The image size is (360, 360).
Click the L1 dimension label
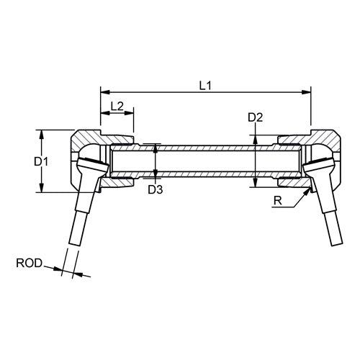205,86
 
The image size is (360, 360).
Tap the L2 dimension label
117,106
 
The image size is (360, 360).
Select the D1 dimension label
41,162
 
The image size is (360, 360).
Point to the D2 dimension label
256,117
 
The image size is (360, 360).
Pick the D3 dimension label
156,189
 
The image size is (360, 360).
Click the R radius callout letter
278,201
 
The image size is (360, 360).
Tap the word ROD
29,264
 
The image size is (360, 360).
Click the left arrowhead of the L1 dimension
105,92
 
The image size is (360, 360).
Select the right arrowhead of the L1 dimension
306,92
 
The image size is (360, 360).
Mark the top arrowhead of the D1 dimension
42,135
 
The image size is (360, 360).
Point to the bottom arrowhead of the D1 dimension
42,187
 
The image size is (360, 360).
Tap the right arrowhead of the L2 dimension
129,113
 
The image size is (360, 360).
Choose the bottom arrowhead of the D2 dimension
256,182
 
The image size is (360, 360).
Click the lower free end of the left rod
74,244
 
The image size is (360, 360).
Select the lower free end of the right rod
337,244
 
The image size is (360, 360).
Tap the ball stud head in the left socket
93,165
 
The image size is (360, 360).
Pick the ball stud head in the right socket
318,165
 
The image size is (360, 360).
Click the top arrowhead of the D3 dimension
156,148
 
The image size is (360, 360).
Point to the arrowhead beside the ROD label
58,269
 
